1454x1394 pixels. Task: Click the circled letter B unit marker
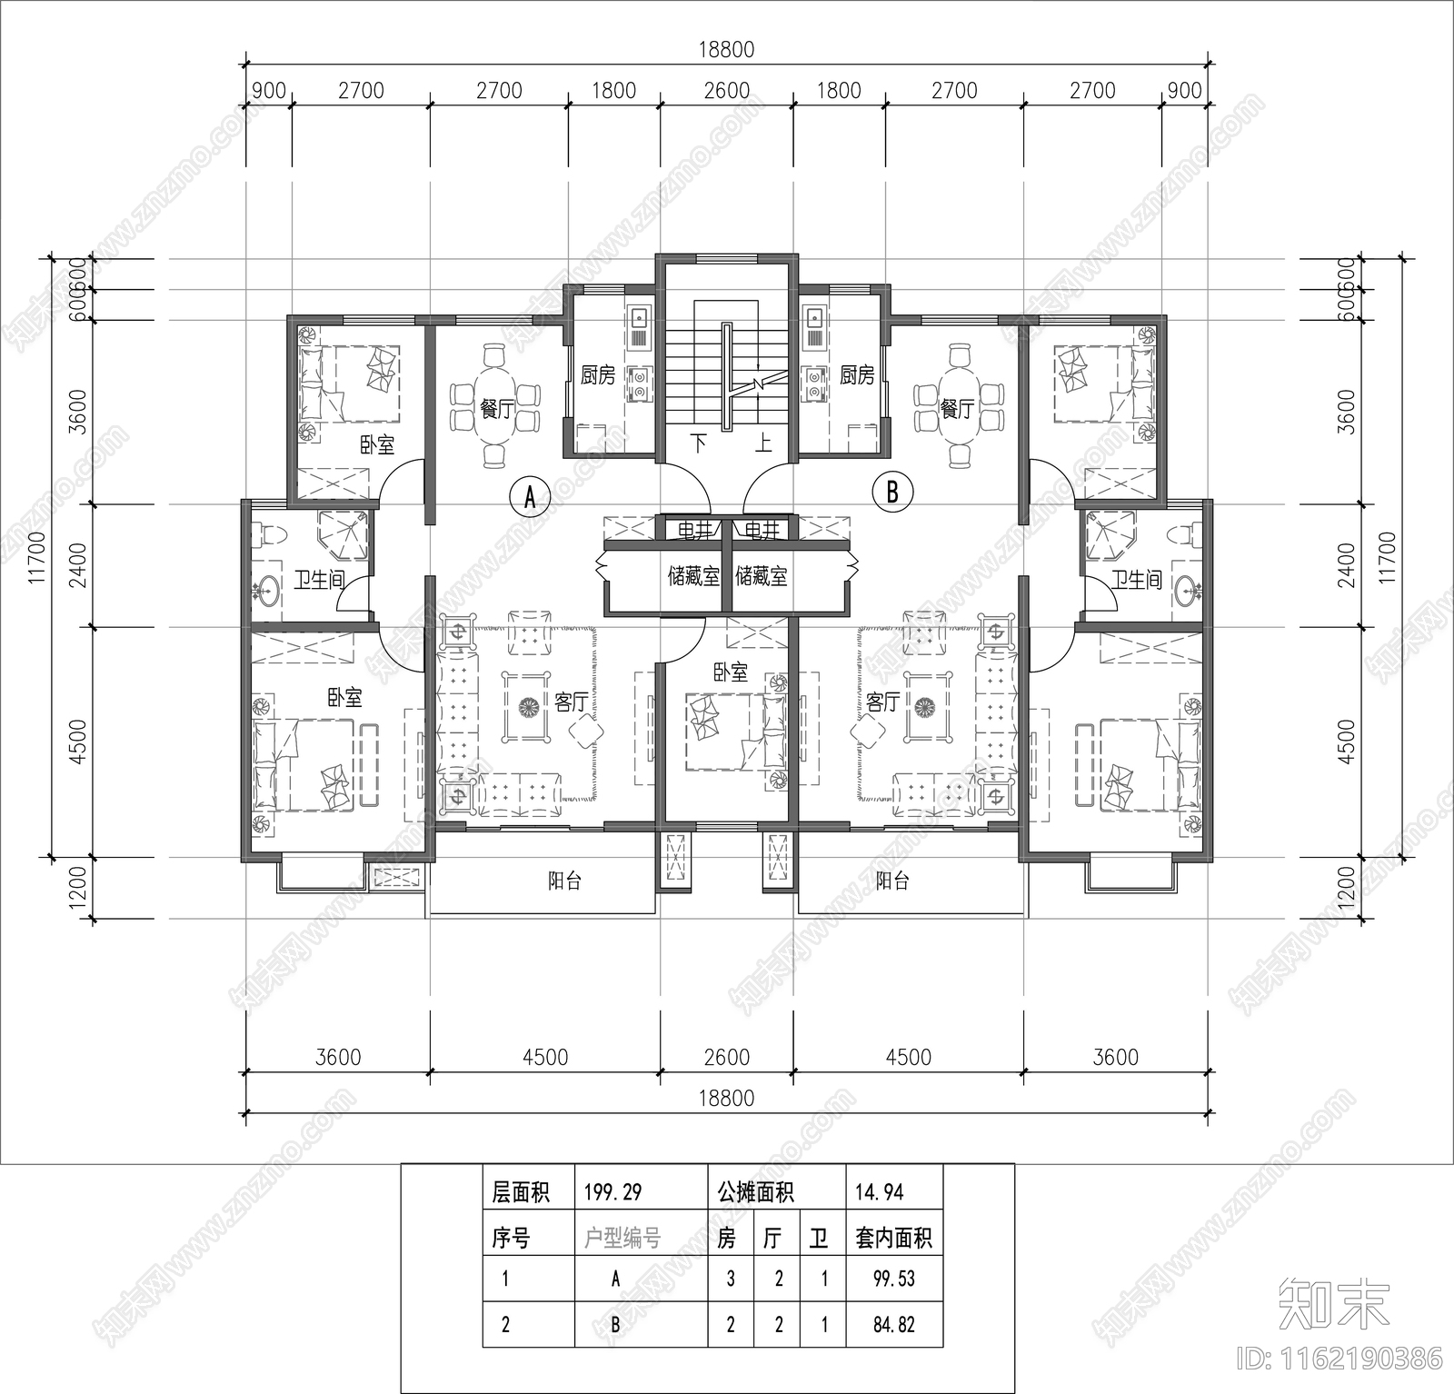click(x=891, y=492)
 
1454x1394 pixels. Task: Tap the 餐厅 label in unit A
click(x=496, y=409)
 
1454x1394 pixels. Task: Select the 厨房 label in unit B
click(x=856, y=374)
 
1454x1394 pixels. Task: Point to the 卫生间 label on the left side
click(x=318, y=579)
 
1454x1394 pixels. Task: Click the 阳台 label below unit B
click(x=891, y=881)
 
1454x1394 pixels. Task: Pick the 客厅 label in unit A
click(x=572, y=702)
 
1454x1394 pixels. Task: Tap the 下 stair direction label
click(x=699, y=444)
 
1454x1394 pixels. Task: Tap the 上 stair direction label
click(x=763, y=444)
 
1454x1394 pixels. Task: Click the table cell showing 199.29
click(x=609, y=1192)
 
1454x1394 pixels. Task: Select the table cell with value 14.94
click(x=879, y=1192)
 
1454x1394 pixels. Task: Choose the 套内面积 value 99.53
click(x=893, y=1279)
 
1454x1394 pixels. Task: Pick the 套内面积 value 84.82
click(x=893, y=1324)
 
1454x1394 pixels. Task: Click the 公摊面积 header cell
click(x=755, y=1192)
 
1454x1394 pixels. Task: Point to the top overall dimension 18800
click(x=726, y=50)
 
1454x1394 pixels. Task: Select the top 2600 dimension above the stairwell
click(x=727, y=90)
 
